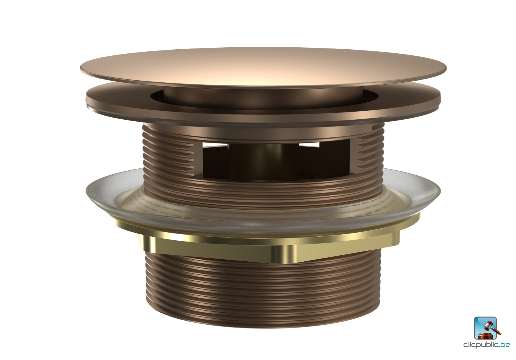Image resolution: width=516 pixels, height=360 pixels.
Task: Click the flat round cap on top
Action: (263, 67)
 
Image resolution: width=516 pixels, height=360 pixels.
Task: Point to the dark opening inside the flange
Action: (263, 99)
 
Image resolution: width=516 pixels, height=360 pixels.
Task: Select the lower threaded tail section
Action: (263, 290)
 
